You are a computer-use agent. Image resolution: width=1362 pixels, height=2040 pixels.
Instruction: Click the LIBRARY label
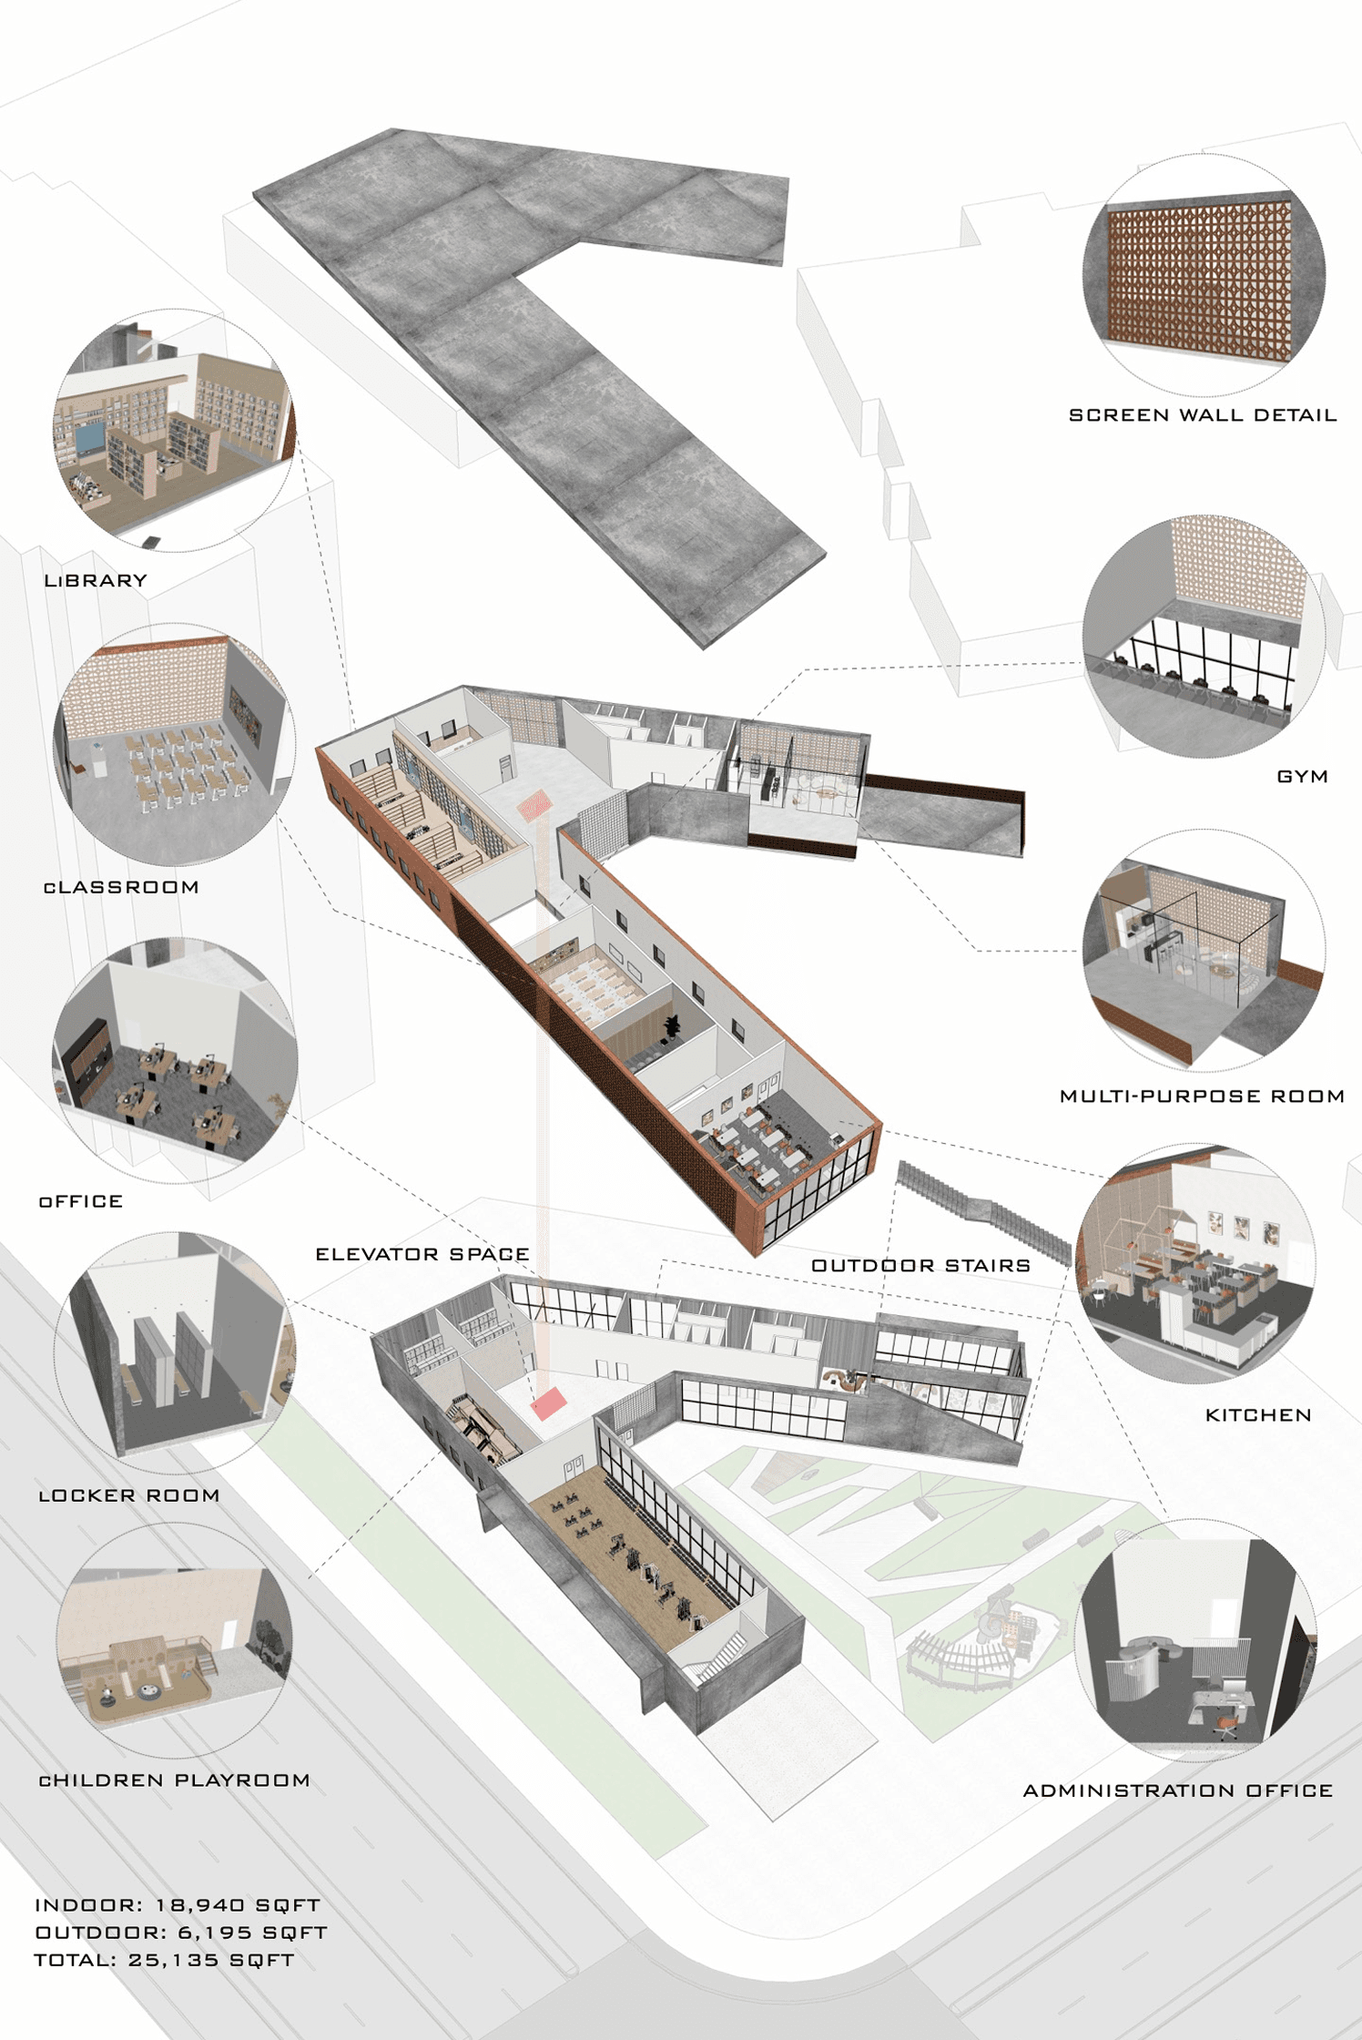coord(96,580)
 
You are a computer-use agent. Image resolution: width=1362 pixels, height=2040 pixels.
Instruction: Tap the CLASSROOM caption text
coord(121,887)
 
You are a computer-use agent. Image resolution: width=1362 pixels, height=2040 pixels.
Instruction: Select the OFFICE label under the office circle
coord(81,1201)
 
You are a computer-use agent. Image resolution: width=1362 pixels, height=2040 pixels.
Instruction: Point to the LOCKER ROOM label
coord(129,1495)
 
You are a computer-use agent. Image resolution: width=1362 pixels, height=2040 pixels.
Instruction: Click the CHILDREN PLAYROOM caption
coord(174,1780)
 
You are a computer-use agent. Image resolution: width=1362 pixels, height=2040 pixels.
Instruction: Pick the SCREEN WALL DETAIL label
coord(1202,415)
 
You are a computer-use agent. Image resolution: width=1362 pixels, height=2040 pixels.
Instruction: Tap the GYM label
coord(1302,777)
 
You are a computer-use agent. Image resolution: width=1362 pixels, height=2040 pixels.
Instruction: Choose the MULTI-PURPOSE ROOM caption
coord(1202,1096)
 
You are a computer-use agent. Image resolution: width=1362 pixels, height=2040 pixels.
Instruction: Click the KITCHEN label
coord(1258,1415)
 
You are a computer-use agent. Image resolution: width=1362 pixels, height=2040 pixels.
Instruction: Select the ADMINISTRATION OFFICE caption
coord(1178,1790)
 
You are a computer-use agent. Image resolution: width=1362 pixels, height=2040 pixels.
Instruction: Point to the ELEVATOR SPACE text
coord(422,1254)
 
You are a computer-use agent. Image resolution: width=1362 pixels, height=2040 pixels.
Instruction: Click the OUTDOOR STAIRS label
coord(920,1265)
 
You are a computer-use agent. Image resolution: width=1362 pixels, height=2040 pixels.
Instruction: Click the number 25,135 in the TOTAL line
coord(173,1960)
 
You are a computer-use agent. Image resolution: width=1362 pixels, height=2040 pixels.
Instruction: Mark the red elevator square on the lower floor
coord(549,1403)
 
